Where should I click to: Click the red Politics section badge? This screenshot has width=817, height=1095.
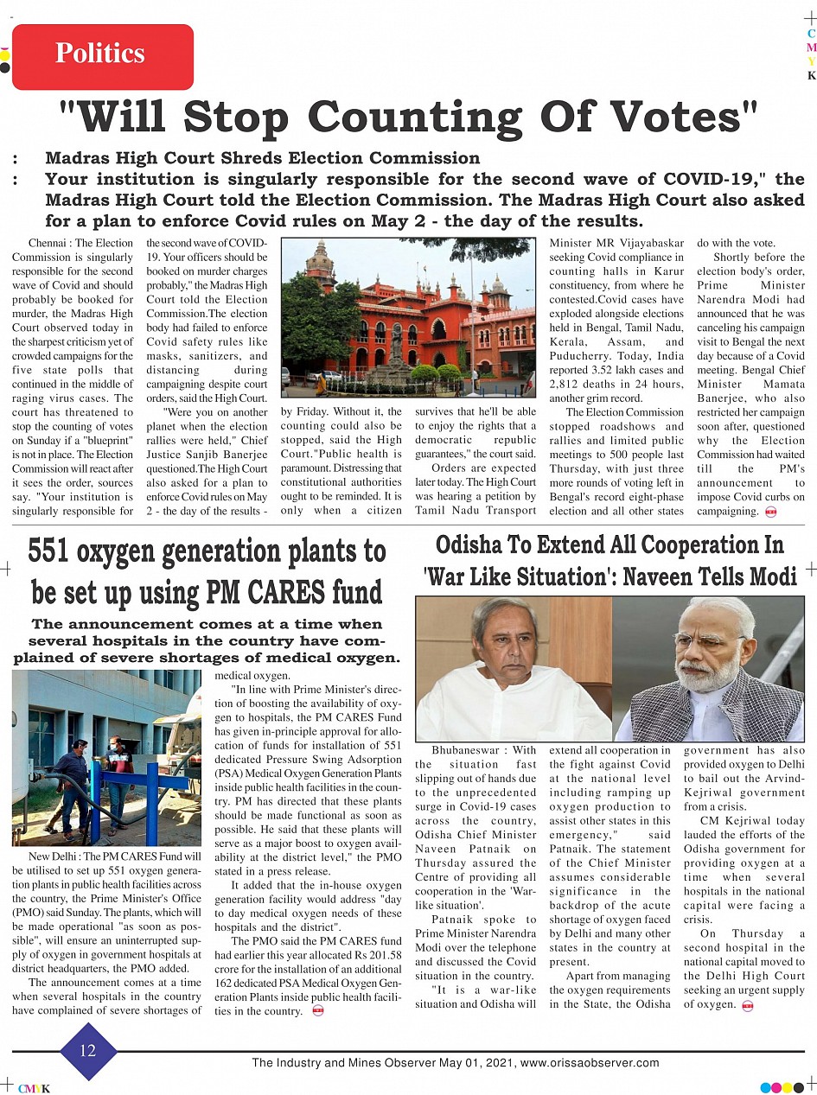click(102, 55)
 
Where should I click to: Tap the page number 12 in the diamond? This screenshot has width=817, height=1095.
click(87, 1050)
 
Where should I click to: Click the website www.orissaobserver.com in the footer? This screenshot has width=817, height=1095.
click(590, 1063)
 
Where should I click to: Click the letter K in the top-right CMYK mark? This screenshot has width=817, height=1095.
click(811, 75)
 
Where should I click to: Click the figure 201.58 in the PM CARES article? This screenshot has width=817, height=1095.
click(384, 955)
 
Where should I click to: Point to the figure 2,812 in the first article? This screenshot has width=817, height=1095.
click(566, 385)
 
